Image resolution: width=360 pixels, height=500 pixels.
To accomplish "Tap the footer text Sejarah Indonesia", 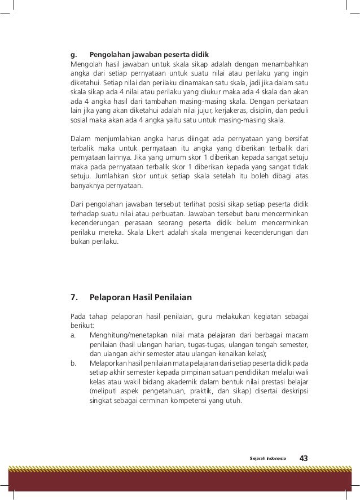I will pos(268,458).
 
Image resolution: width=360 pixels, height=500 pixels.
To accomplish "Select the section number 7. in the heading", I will pos(73,297).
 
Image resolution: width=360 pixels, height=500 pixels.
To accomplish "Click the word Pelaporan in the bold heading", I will pos(112,297).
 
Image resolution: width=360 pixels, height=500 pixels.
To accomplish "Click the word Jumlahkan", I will pos(104,176).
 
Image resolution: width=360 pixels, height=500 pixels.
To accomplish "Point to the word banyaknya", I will pos(88,186).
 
